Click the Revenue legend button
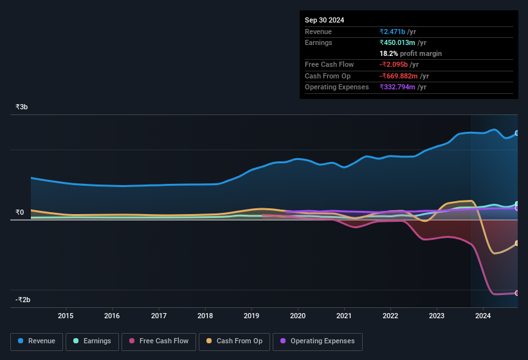coord(37,341)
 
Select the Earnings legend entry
coord(92,341)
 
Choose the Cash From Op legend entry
coord(234,341)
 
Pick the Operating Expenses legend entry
coord(317,341)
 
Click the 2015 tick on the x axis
coord(66,316)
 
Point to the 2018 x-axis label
coord(205,316)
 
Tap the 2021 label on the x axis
coord(344,316)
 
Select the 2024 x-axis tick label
coord(483,316)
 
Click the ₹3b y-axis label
coord(22,107)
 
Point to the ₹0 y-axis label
coord(20,213)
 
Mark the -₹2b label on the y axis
coord(23,300)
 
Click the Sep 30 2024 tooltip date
coord(324,20)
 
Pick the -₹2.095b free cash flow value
coord(399,64)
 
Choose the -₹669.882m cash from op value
coord(404,76)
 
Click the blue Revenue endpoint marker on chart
coord(517,133)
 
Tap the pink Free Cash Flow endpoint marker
coord(517,293)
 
